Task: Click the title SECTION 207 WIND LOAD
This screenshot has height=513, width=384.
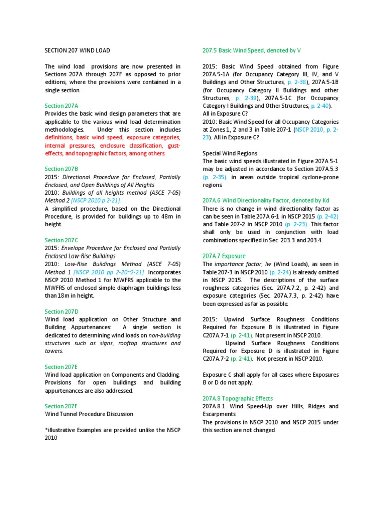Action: [x=77, y=51]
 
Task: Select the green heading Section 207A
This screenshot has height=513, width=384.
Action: [x=62, y=106]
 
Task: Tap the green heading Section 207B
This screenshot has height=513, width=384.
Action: [x=62, y=169]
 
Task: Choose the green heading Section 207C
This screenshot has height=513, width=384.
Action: [x=62, y=240]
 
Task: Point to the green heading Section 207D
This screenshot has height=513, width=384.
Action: [x=62, y=312]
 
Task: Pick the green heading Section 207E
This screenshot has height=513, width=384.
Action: [x=62, y=367]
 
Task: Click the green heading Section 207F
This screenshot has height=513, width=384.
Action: [x=62, y=406]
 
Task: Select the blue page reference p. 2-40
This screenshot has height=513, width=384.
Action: [x=319, y=106]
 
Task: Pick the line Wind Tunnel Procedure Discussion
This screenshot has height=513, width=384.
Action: [x=89, y=414]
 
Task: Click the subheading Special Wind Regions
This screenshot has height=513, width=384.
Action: [x=230, y=153]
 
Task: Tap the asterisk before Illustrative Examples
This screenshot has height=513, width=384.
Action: [x=46, y=430]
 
